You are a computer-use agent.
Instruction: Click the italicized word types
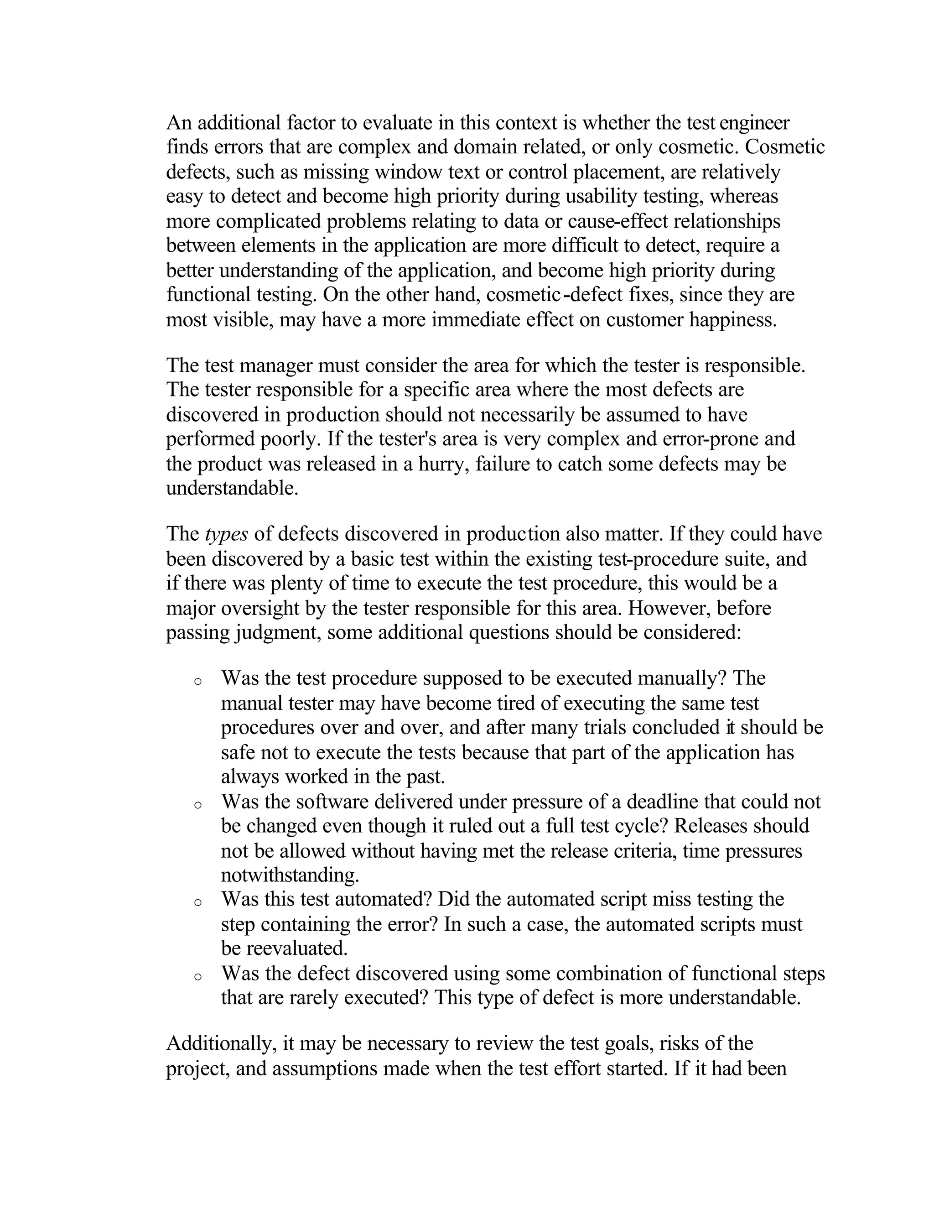click(226, 534)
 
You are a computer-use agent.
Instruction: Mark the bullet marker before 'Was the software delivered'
click(197, 805)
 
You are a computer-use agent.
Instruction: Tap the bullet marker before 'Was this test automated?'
click(197, 903)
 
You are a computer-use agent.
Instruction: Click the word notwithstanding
click(290, 875)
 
